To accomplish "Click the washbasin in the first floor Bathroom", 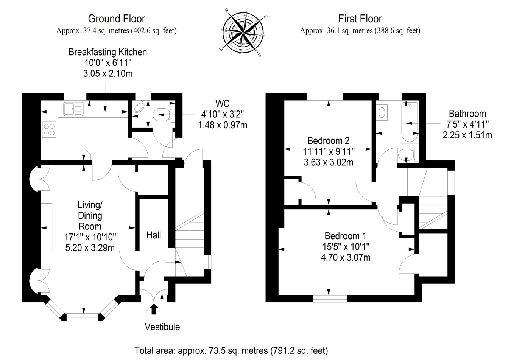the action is (382, 112).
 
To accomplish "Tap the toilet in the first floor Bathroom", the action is (407, 154).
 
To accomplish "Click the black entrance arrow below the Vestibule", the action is (154, 309).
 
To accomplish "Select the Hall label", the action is (154, 235).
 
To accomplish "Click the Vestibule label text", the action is (162, 327).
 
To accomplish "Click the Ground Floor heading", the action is (116, 19).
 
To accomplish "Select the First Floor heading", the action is (360, 19).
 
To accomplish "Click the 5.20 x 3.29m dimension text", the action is (90, 247).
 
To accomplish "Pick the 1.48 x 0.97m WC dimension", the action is (223, 124).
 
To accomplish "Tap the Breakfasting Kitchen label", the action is (107, 52).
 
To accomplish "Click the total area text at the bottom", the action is (231, 351).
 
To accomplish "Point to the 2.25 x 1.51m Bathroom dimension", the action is (467, 135).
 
